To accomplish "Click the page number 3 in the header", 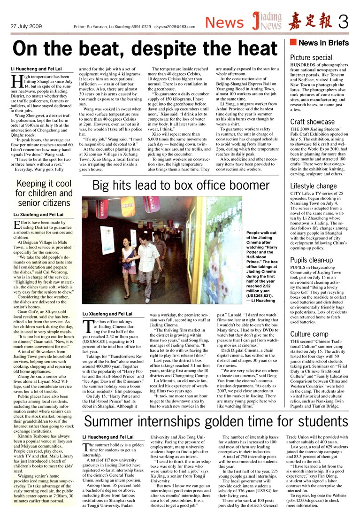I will tap(345, 21).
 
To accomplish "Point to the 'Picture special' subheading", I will tap(311, 57).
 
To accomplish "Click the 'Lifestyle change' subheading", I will tap(313, 186).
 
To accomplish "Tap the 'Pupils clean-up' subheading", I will tap(311, 260).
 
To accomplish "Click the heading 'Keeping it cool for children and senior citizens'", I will tap(44, 193).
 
